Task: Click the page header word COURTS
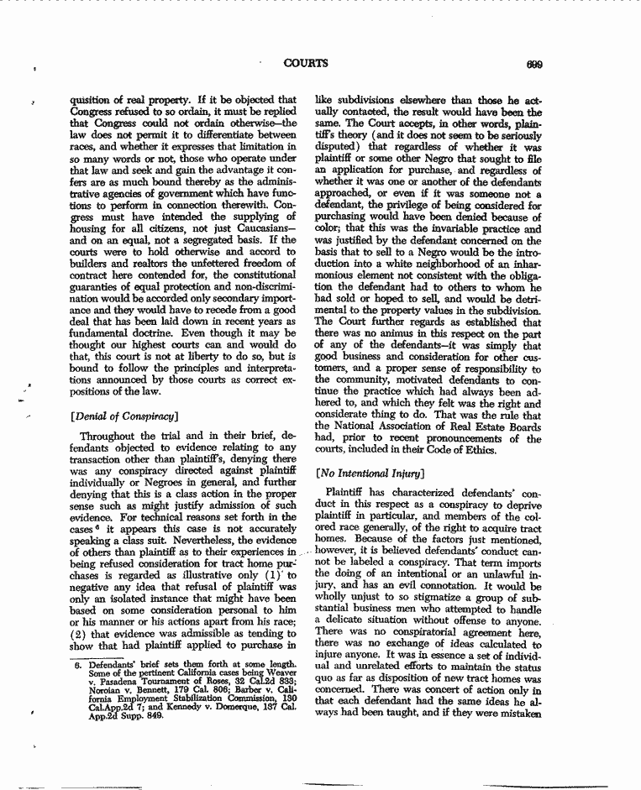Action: point(306,63)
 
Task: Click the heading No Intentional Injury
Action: point(365,472)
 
